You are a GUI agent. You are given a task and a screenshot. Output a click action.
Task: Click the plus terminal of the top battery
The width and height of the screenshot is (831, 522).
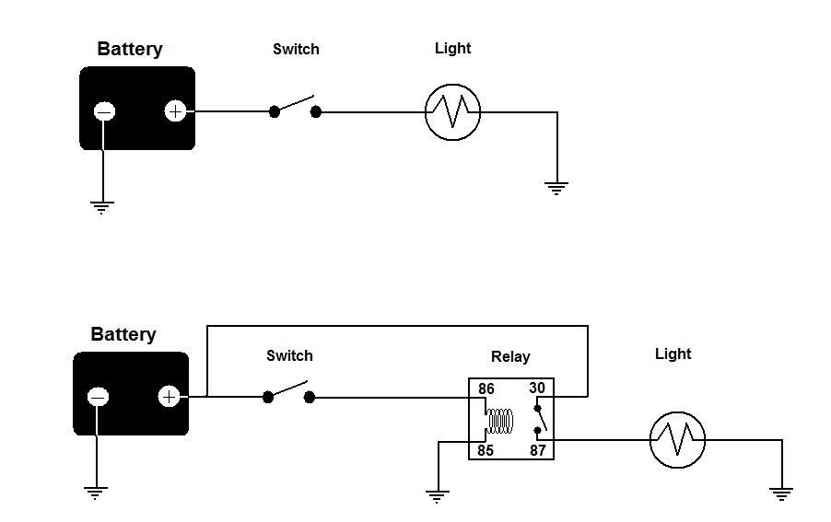click(175, 111)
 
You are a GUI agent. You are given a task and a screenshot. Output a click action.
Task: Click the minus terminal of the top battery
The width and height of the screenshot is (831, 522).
click(104, 111)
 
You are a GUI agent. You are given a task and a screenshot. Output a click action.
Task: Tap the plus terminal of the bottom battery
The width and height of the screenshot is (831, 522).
click(170, 397)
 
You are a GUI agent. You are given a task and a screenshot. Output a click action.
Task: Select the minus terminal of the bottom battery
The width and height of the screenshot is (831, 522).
click(98, 397)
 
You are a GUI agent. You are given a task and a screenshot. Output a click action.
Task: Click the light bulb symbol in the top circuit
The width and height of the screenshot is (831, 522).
click(452, 112)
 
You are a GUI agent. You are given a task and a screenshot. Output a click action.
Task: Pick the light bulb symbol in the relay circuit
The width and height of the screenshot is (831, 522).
click(677, 440)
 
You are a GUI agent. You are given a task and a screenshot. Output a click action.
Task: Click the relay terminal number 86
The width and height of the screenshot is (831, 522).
click(486, 389)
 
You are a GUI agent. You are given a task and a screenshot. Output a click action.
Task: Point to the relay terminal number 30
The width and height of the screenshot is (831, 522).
click(537, 389)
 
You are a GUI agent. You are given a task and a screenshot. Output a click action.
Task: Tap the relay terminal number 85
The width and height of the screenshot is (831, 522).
click(486, 450)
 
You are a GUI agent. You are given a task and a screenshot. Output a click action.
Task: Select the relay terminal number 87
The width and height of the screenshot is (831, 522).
click(537, 450)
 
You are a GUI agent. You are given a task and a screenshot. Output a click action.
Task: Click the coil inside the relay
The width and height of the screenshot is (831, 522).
click(500, 421)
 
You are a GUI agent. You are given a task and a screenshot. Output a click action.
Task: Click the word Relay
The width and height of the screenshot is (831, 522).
click(510, 357)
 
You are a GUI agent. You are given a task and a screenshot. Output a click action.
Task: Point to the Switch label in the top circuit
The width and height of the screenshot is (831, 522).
click(296, 49)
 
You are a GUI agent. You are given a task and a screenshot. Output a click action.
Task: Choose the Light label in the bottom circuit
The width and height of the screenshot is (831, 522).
click(673, 354)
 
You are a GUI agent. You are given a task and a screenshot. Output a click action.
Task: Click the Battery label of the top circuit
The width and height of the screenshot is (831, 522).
click(130, 49)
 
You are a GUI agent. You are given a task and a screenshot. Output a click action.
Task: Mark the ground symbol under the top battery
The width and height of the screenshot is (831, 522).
click(101, 207)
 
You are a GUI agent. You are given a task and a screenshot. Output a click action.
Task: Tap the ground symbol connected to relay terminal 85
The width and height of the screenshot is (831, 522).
click(438, 496)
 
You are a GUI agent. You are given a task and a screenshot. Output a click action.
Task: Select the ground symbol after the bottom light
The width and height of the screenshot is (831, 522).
click(782, 494)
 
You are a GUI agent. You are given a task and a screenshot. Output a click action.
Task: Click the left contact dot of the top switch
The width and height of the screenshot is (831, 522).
click(274, 111)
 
